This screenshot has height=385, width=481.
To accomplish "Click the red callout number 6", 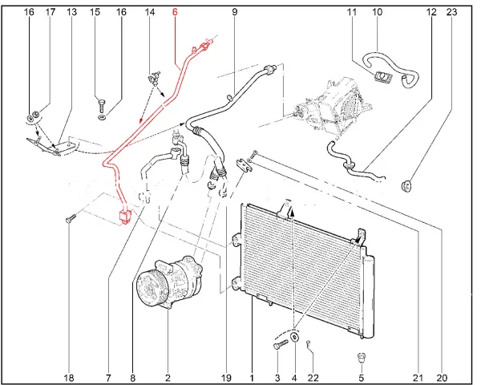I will [x=176, y=13].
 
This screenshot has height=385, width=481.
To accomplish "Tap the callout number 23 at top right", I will [x=451, y=13].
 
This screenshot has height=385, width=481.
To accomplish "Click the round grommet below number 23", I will [x=406, y=188].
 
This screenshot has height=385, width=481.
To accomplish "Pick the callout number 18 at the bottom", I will [x=69, y=377].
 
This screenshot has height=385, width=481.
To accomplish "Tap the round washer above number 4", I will [x=294, y=339].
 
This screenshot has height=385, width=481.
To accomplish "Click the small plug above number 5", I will [x=362, y=357].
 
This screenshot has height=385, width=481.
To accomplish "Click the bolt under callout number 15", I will [x=100, y=103].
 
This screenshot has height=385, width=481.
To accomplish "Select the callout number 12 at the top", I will [x=431, y=13].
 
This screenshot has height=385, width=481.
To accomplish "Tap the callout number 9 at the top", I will [x=235, y=13].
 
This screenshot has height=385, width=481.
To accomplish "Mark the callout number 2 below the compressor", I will [x=168, y=377].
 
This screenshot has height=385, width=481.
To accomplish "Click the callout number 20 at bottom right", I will [x=441, y=377].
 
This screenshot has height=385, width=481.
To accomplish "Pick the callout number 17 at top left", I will [x=51, y=13].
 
